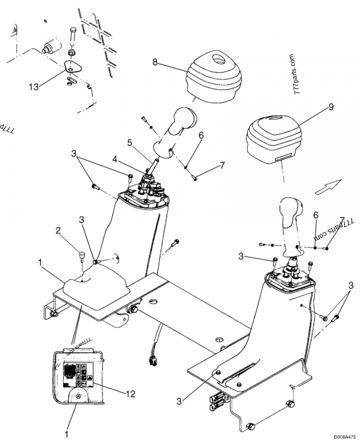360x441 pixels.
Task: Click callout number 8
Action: click(155, 63)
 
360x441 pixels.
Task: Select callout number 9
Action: click(331, 107)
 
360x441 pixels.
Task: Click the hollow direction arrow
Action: click(326, 186)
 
